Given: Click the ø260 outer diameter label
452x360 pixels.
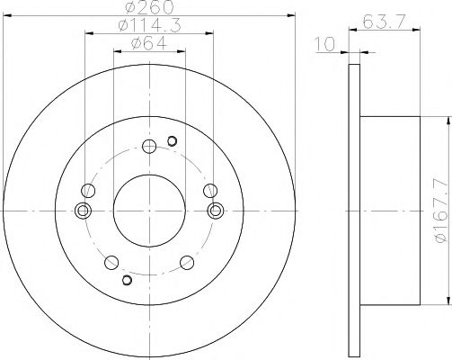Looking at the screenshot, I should pos(149,8).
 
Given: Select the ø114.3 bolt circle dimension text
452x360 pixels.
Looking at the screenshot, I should pos(149,26).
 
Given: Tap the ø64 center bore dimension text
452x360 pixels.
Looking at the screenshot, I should pos(149,44).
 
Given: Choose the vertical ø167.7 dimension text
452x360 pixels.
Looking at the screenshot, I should pos(439,211).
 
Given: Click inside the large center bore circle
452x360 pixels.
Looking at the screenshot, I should pos(149,210).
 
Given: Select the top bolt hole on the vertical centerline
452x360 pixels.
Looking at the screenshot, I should pos(149,145).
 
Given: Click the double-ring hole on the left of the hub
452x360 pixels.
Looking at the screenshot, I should pos(84,211).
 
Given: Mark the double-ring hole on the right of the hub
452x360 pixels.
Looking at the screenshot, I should pos(214,211).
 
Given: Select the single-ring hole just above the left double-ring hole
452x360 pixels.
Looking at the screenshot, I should pos(88,190).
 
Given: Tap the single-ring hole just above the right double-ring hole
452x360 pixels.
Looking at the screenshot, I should pos(210,190).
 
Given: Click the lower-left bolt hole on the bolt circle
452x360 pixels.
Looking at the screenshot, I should pos(111,262).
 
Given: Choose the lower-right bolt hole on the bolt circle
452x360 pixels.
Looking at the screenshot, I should pos(187,262).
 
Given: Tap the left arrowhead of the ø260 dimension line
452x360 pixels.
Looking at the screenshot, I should pos(7,14).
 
